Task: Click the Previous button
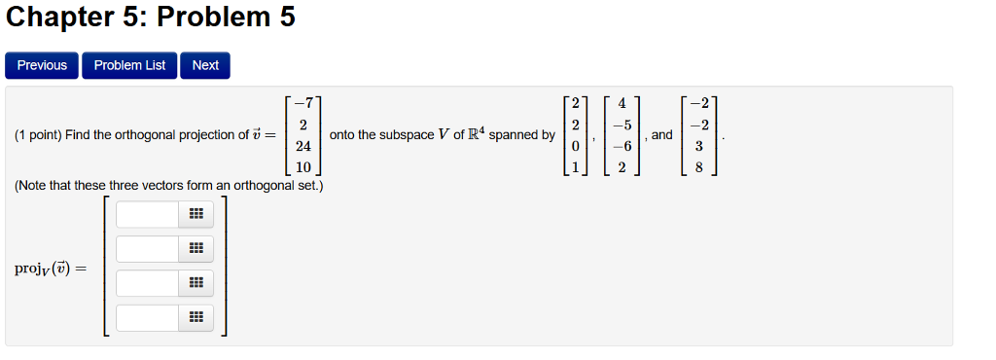coord(42,65)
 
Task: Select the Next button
coord(205,65)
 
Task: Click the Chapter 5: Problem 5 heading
coord(151,18)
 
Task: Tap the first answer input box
coord(147,214)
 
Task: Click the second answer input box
coord(147,249)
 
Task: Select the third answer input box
coord(147,283)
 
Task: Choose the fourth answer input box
coord(147,317)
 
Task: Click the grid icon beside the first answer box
coord(196,214)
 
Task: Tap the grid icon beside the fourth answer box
coord(196,317)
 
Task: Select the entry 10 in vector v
coord(303,167)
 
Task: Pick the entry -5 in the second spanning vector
coord(622,125)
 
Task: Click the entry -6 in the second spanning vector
coord(622,146)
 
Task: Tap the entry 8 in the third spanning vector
coord(698,167)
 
